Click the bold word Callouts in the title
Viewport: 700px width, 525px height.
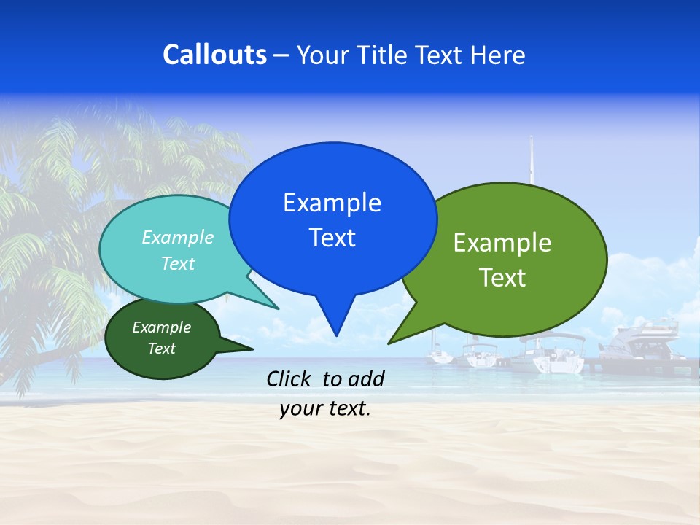coord(214,55)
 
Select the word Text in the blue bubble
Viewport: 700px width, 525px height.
coord(332,237)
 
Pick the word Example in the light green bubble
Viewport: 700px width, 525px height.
coord(502,242)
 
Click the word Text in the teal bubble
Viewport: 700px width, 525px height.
coord(178,263)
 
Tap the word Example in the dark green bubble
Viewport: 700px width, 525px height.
coord(161,327)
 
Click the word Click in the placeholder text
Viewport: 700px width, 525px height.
coord(289,378)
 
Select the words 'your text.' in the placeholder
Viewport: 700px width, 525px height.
coord(325,409)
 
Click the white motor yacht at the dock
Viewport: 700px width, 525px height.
coord(638,343)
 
